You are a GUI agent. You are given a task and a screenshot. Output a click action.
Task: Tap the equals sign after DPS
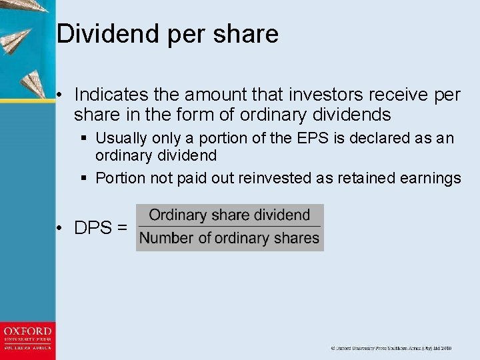click(121, 228)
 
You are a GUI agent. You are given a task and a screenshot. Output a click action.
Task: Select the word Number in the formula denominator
click(165, 238)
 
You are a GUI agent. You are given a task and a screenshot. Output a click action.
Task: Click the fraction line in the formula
click(229, 226)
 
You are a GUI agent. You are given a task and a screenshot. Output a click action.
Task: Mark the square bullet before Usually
click(83, 139)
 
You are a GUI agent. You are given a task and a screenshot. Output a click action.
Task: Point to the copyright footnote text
click(391, 348)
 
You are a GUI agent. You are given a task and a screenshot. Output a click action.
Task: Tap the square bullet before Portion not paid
click(83, 178)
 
